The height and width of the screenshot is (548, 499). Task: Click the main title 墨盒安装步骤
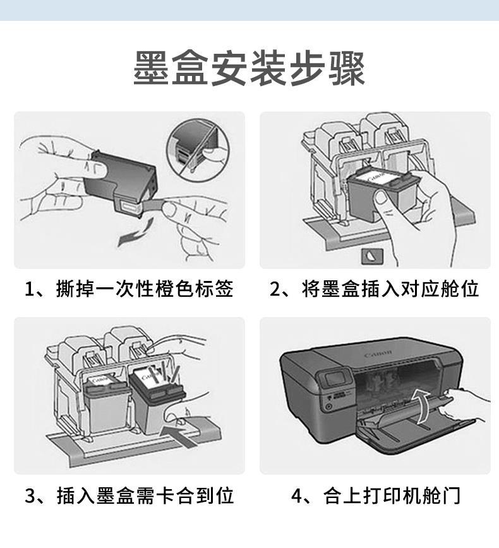(x=249, y=68)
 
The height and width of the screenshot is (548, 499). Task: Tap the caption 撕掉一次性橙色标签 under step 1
(x=145, y=289)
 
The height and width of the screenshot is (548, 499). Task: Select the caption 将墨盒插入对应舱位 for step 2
(x=390, y=289)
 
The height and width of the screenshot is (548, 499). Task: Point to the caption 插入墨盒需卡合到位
(x=145, y=495)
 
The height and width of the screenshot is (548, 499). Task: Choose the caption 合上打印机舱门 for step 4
(x=392, y=495)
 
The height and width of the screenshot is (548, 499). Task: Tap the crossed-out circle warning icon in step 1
(x=198, y=149)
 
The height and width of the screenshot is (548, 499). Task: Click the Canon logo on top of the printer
(x=378, y=354)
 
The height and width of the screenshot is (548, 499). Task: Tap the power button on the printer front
(x=328, y=406)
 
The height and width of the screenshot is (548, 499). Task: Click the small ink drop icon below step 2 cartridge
(x=372, y=256)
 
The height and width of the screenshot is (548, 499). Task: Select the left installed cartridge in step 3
(x=106, y=404)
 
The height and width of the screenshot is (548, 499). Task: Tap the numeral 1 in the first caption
(x=29, y=290)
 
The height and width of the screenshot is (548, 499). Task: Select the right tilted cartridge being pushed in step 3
(x=157, y=399)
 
